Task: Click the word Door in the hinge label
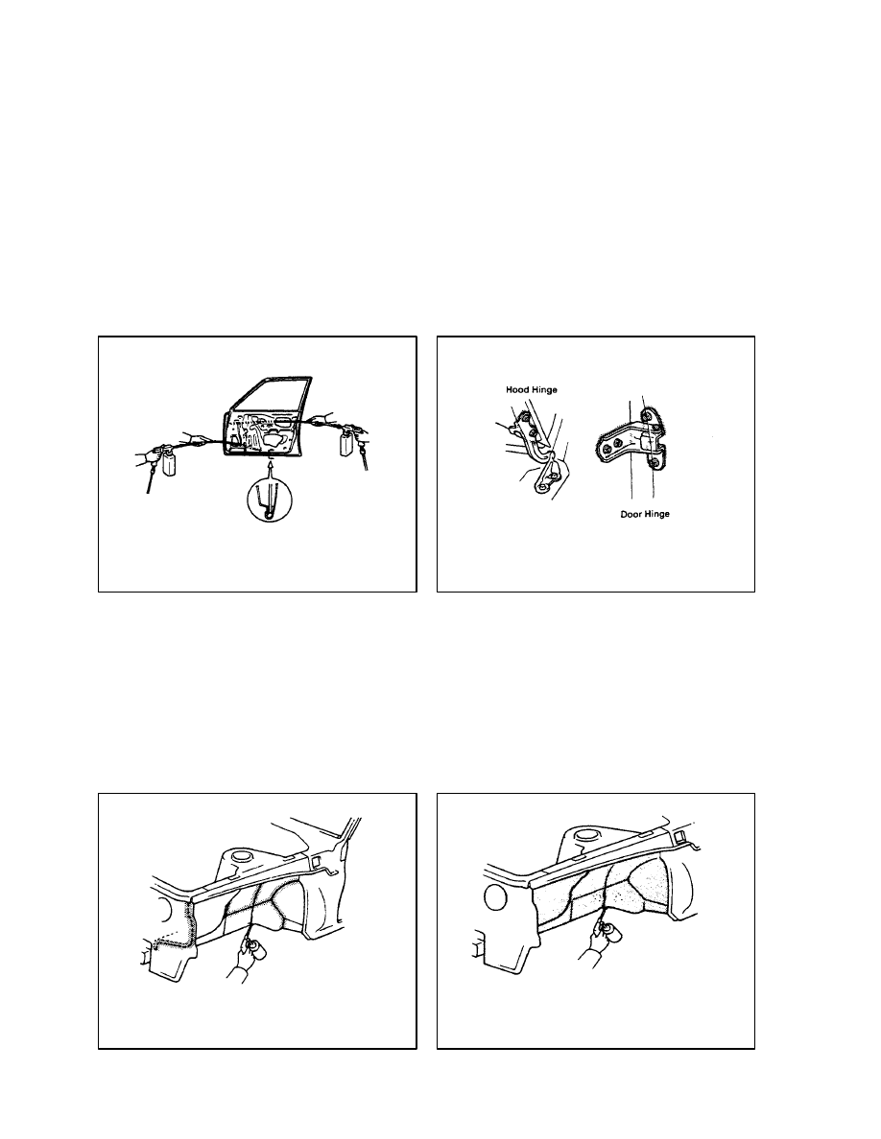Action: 631,514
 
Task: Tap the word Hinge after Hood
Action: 543,390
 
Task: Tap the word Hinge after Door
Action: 657,514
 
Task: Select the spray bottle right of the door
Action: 347,443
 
